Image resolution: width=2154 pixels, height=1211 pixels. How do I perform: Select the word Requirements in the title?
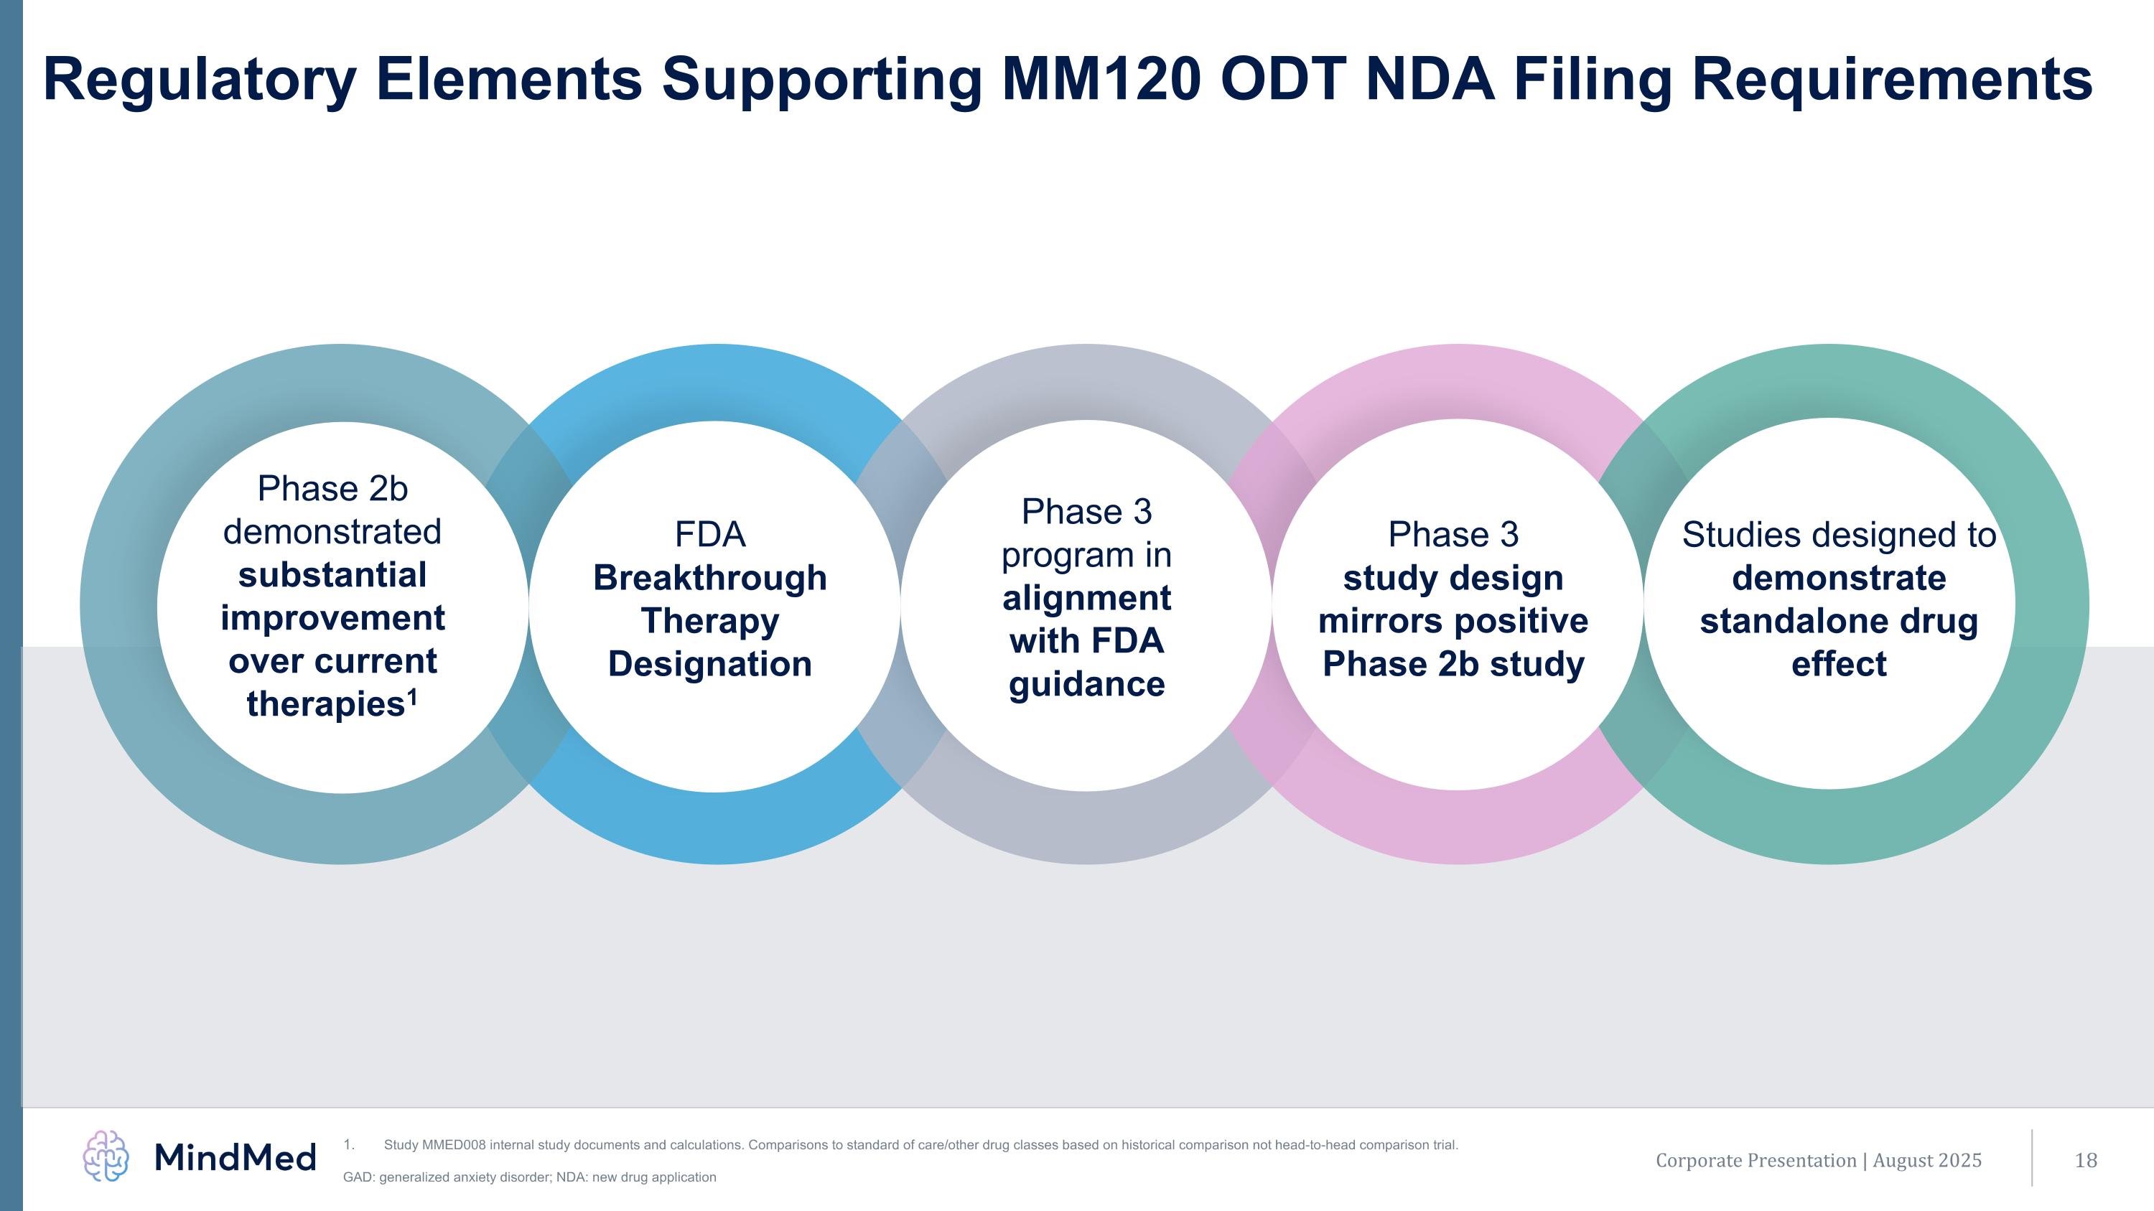coord(1891,80)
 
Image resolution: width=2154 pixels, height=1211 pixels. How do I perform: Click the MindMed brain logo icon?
coord(106,1156)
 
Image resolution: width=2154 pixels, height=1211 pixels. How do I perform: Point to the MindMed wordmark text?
coord(235,1157)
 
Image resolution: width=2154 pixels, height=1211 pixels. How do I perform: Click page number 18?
coord(2086,1160)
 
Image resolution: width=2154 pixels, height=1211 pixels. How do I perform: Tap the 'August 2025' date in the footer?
coord(1926,1160)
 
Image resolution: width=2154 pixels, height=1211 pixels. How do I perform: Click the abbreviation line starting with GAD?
coord(529,1177)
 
